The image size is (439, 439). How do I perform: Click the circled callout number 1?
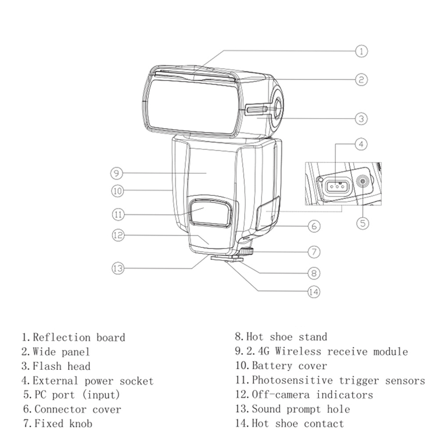[361, 51]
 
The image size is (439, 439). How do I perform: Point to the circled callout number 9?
[117, 173]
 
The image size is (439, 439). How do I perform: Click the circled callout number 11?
[118, 214]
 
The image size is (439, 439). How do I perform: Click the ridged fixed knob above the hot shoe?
[246, 250]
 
